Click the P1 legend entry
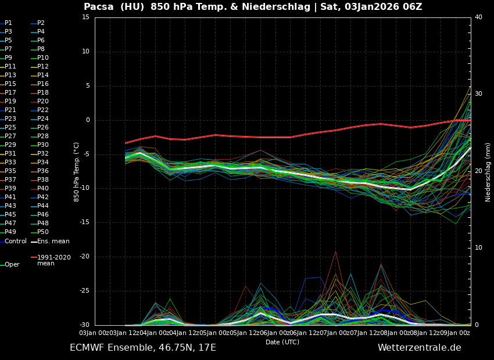[x=8, y=23]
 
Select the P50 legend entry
[x=43, y=232]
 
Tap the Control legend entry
[x=15, y=241]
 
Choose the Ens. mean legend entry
[x=53, y=241]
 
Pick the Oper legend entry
[x=12, y=265]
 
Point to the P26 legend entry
[x=43, y=128]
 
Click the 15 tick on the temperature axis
[x=85, y=17]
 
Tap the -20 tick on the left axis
[x=84, y=257]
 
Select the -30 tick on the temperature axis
[x=84, y=325]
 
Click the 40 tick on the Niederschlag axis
[x=478, y=17]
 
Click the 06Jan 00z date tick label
[x=282, y=333]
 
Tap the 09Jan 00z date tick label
[x=454, y=333]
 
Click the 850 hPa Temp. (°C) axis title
[x=76, y=171]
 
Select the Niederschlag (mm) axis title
[x=488, y=171]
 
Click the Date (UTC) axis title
[x=282, y=342]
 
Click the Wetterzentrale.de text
[x=419, y=348]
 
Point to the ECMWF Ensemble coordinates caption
[x=143, y=348]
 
